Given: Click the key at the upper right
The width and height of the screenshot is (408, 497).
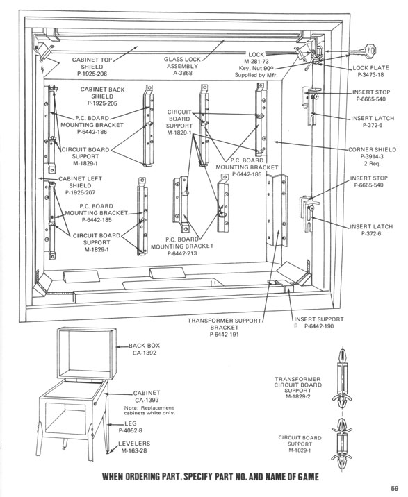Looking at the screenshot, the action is (364, 51).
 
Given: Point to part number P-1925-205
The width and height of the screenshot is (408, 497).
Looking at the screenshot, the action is (102, 103).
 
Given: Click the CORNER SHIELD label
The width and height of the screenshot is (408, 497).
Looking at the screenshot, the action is (372, 150).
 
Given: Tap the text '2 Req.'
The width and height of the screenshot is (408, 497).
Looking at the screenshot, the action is (372, 164).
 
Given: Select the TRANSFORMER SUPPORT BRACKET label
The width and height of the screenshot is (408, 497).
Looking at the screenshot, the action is (225, 324).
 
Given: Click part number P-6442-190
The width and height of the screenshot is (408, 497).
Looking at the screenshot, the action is (319, 326).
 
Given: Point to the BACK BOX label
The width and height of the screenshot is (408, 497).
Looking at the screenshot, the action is (144, 346).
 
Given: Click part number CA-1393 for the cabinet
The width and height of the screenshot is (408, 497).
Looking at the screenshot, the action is (147, 400).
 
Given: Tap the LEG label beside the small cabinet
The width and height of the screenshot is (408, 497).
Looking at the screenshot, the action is (131, 423).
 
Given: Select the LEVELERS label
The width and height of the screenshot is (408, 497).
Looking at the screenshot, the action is (134, 444).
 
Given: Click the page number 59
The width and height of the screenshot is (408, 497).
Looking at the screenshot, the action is (394, 488).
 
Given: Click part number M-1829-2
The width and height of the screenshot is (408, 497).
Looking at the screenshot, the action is (297, 396).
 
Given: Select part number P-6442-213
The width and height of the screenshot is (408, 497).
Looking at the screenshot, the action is (182, 253).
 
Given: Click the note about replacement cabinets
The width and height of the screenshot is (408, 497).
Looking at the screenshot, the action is (149, 410).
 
